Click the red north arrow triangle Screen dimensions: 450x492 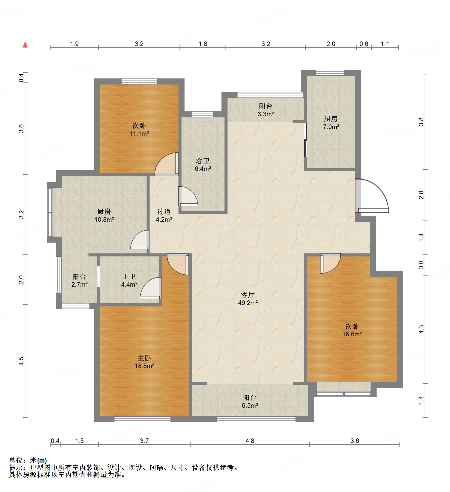click(x=25, y=44)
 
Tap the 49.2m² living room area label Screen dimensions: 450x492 click(x=248, y=299)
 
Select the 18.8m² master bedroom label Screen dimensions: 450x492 click(x=144, y=362)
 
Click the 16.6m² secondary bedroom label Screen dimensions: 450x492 click(x=352, y=330)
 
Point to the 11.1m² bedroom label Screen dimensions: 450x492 click(x=139, y=129)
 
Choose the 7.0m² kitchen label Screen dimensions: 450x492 click(x=331, y=123)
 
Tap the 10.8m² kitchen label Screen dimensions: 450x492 click(x=104, y=215)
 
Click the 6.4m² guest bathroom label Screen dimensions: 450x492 click(x=203, y=165)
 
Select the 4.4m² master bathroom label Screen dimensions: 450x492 click(x=129, y=280)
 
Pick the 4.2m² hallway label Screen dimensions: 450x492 click(x=164, y=215)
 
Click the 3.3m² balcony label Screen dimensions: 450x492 click(x=266, y=110)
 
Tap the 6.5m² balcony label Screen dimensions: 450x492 click(x=250, y=401)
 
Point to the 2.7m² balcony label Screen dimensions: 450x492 click(x=79, y=280)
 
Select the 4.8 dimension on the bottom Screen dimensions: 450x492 click(x=250, y=441)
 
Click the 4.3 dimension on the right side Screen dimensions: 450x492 click(x=421, y=329)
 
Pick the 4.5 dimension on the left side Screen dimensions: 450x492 click(x=22, y=361)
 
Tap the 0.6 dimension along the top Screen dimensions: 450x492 click(x=364, y=44)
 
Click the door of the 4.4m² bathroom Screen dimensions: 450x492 click(x=151, y=288)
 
